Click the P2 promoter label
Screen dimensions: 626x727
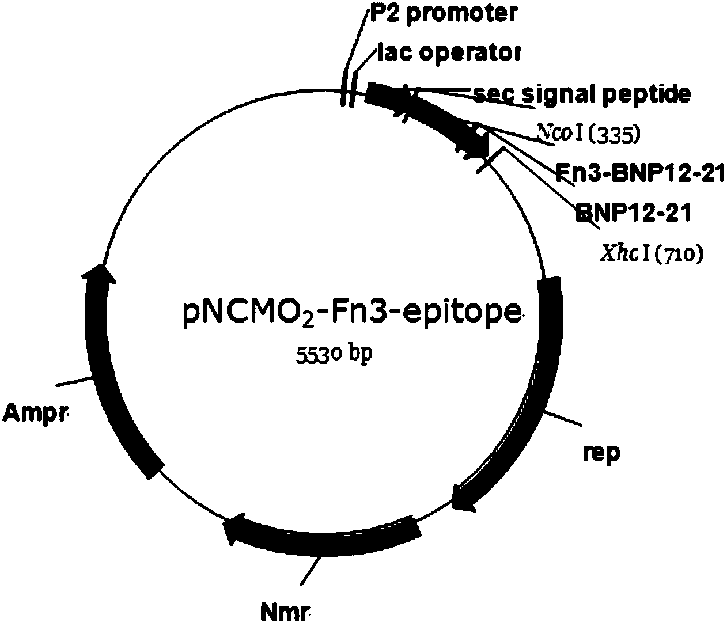tap(442, 14)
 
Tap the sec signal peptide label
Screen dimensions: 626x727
tap(581, 93)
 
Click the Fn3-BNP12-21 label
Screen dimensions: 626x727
tap(639, 173)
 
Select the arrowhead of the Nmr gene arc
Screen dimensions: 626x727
tap(234, 527)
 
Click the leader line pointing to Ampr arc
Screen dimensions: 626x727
tap(75, 381)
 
